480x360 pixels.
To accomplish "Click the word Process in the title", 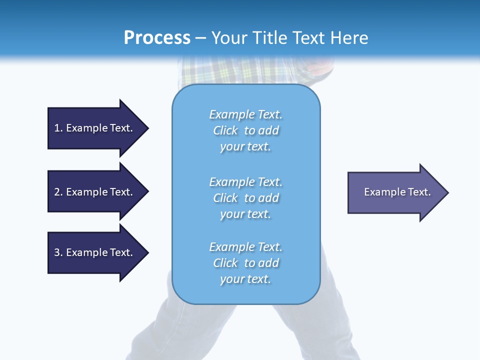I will tap(157, 37).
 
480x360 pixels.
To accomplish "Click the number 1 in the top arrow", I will tap(57, 128).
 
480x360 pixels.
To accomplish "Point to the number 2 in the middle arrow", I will tap(57, 192).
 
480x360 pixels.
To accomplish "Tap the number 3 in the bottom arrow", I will tap(57, 252).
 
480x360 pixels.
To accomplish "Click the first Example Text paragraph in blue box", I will tap(245, 130).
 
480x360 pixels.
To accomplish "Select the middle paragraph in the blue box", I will tap(245, 198).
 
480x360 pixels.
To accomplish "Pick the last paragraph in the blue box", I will tap(245, 263).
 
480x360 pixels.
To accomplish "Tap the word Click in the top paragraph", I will tap(225, 130).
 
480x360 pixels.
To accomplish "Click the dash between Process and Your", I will tap(201, 38).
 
